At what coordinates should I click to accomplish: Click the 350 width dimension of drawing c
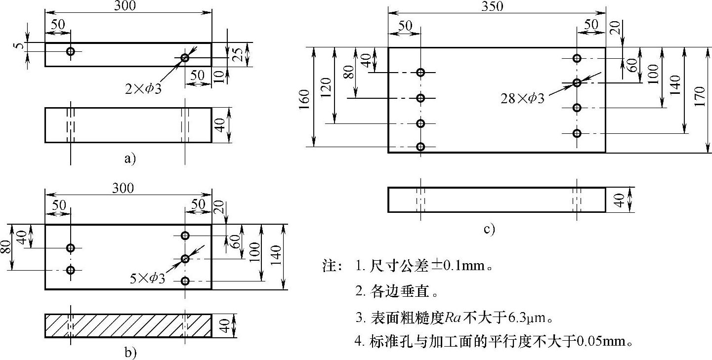493,6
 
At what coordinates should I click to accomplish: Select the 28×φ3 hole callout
522,99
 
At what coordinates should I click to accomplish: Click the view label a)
129,159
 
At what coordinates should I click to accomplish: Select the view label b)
130,353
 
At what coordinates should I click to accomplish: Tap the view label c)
489,229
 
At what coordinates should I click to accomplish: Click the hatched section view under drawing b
128,326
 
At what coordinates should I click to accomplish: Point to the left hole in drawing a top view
71,51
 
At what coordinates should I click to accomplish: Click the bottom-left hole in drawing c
420,147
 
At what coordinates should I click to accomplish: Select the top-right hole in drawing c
577,58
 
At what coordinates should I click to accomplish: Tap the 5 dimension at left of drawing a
18,47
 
